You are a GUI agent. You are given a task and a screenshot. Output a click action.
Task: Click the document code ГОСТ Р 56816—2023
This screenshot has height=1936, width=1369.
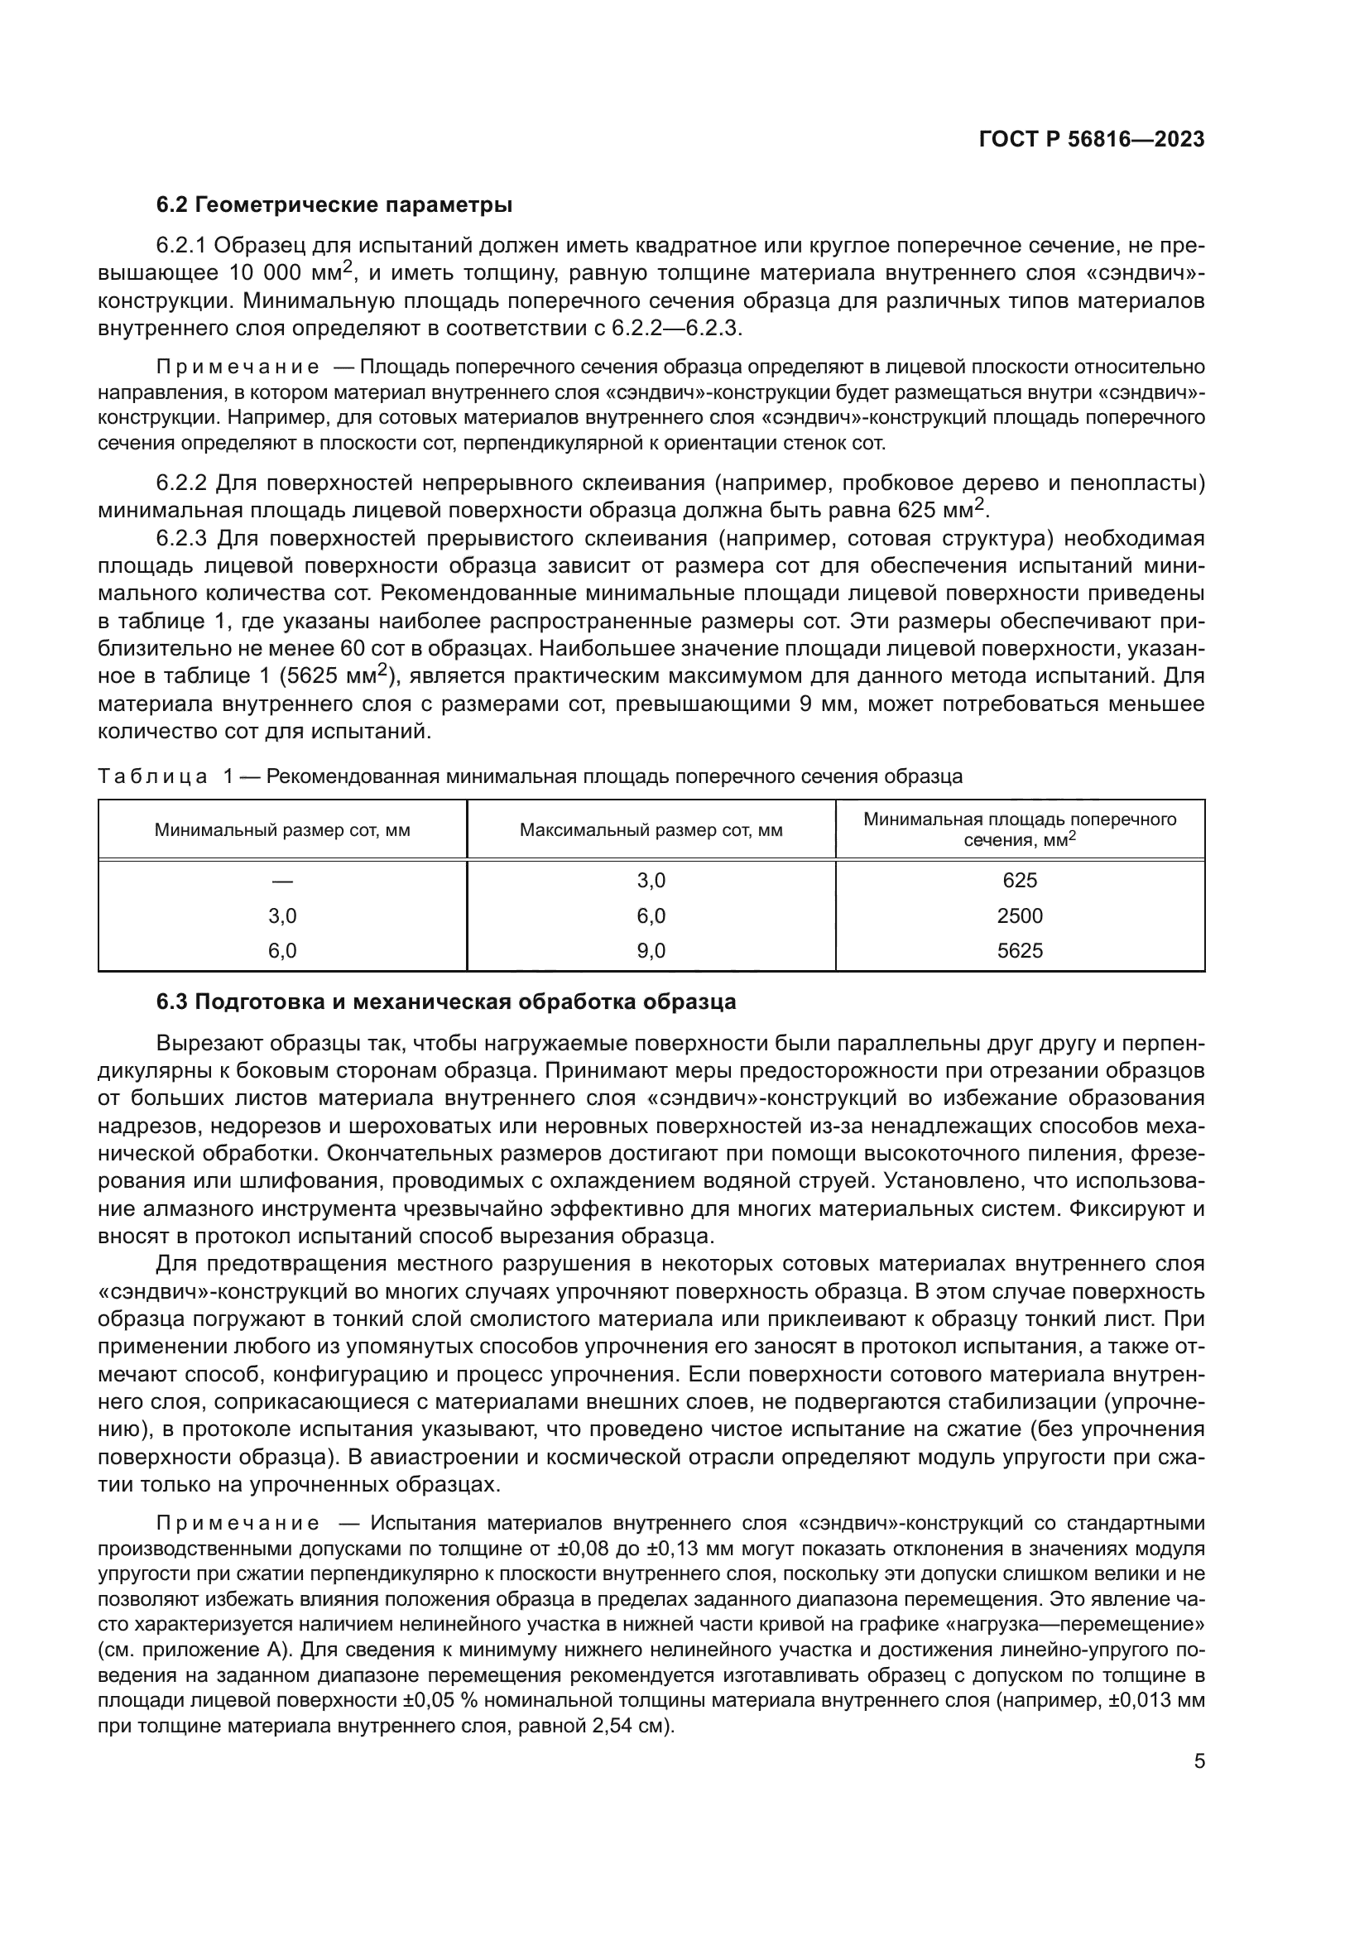(x=1091, y=140)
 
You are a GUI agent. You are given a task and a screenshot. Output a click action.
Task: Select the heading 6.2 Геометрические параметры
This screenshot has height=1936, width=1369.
(x=334, y=205)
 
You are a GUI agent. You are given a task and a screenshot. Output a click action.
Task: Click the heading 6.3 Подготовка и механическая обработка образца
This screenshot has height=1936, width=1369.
(x=446, y=1002)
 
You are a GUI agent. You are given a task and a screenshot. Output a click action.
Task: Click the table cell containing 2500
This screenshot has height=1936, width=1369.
(x=1019, y=915)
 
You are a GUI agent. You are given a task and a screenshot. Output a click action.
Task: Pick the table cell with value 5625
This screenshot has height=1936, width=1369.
(x=1019, y=951)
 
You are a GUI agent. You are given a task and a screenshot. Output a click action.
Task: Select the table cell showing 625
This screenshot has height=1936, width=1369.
(x=1019, y=881)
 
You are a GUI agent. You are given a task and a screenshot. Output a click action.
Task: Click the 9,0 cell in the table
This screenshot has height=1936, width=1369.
(x=651, y=951)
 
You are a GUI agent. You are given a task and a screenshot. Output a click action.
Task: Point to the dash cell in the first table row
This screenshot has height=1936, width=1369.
(x=282, y=881)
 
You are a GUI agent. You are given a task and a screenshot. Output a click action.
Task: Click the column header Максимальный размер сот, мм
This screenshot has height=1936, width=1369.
(x=651, y=829)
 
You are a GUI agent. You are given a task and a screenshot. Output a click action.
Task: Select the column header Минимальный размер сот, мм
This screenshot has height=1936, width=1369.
(x=282, y=829)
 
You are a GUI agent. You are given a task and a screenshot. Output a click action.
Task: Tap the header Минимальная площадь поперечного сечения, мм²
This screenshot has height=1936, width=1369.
(x=1019, y=829)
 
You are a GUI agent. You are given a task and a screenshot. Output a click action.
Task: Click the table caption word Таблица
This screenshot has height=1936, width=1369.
(x=152, y=776)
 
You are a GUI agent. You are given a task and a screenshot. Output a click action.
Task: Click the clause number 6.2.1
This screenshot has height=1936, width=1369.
(x=181, y=245)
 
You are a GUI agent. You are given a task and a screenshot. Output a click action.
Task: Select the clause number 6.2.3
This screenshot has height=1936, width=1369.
(x=181, y=538)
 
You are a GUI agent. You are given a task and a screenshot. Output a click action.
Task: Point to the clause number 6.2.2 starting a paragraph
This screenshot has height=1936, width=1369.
(x=181, y=483)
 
